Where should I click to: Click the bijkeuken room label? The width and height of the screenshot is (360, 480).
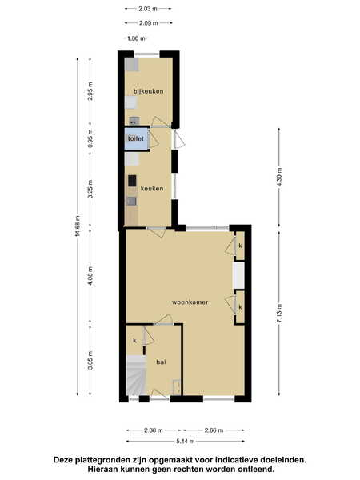coord(149,91)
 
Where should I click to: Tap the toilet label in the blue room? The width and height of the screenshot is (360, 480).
coord(136,138)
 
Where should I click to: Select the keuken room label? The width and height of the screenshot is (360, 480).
coord(152,189)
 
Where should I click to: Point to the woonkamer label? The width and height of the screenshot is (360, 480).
coord(190,302)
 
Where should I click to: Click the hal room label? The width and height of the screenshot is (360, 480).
coord(161,362)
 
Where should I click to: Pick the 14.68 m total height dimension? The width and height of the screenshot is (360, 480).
coord(78,226)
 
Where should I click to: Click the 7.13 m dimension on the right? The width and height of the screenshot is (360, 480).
coord(279,313)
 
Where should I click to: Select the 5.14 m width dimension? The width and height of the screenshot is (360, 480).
coord(186,441)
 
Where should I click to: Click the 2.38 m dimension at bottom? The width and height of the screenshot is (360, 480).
coord(154,430)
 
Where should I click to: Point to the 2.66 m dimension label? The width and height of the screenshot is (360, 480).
coord(214,430)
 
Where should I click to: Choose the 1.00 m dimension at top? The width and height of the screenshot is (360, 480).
coord(136,38)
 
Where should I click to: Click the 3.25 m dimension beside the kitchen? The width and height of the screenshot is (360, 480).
coord(90,189)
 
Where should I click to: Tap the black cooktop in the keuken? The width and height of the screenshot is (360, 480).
coord(132,181)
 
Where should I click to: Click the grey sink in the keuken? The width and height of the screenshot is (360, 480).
coord(132,201)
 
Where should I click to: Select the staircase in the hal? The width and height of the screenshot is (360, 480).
coord(136,375)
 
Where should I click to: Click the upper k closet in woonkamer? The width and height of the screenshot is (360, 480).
coord(240,246)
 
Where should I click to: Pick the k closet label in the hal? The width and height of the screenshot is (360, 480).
coord(134,341)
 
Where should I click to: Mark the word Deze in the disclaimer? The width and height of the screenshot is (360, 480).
coord(62,459)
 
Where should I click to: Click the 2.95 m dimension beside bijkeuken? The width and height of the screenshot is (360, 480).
coord(90,91)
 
